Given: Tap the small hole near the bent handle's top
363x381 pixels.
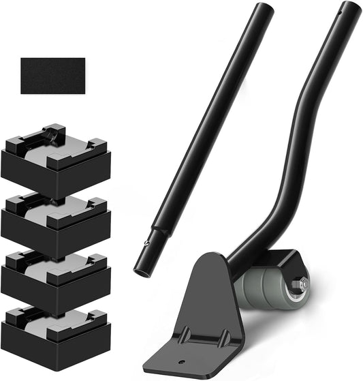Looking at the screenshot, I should coord(338,12).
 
